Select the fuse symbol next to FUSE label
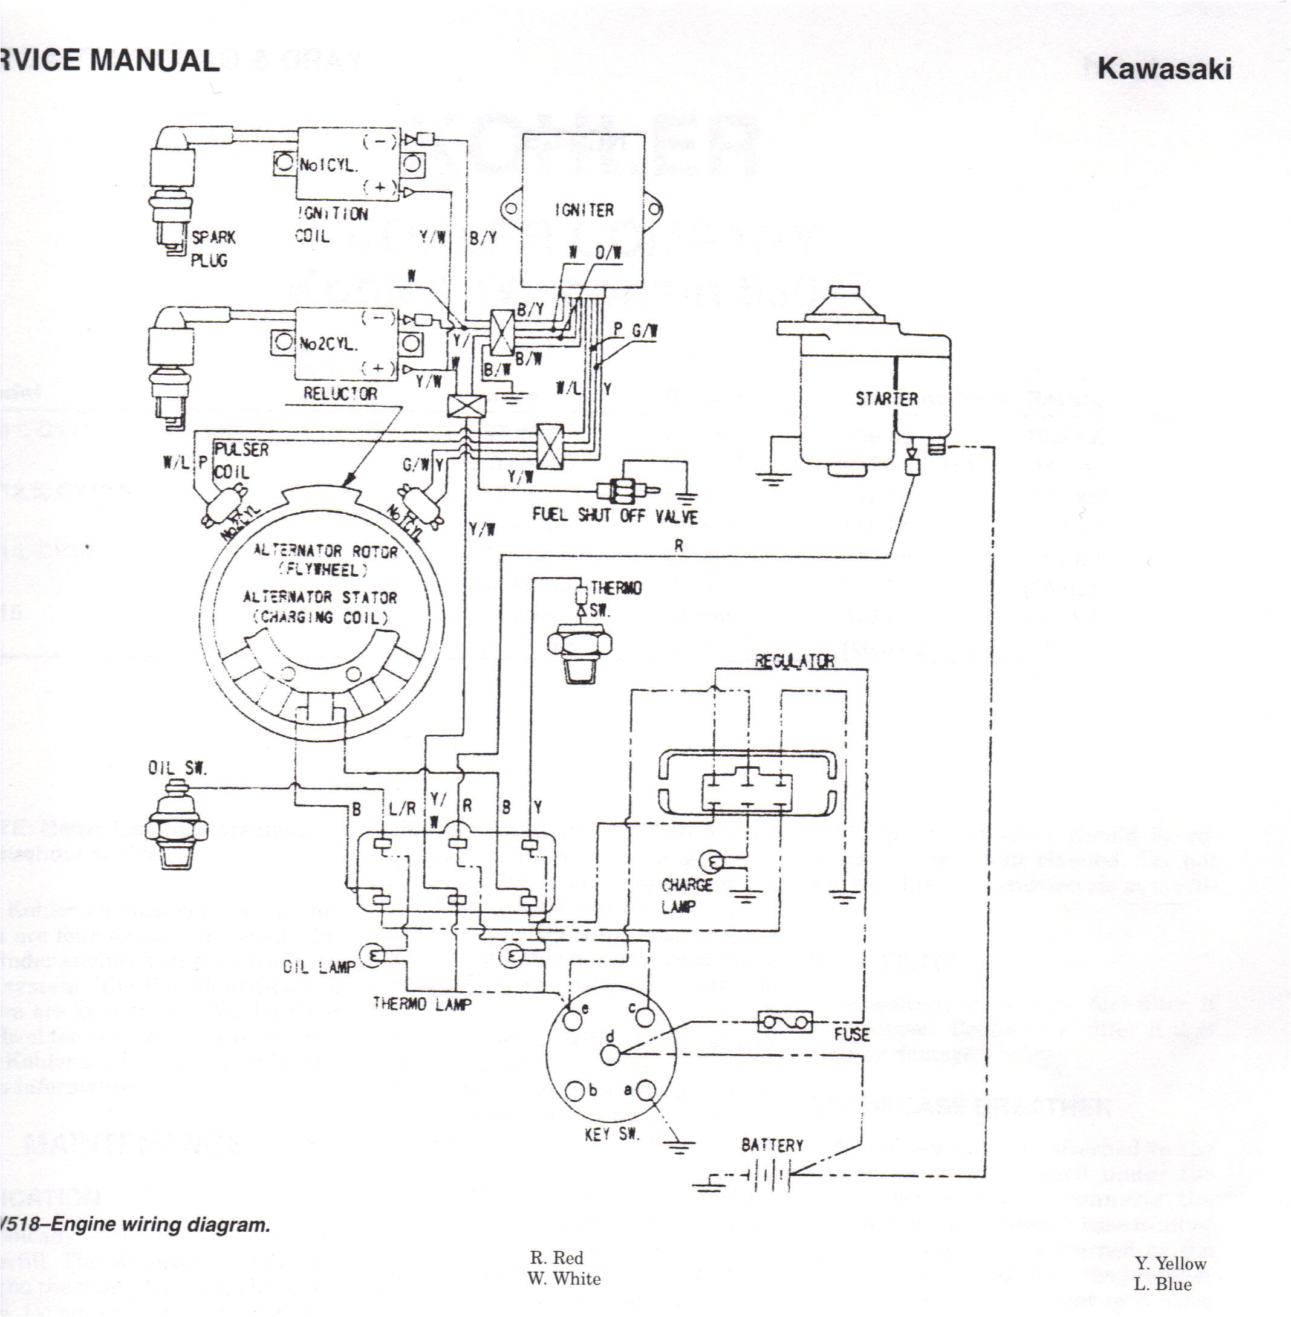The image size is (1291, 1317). (784, 1022)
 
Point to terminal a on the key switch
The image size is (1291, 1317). (646, 1090)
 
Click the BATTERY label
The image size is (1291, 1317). (772, 1145)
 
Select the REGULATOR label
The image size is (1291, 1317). (795, 661)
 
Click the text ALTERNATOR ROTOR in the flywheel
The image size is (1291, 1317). (325, 551)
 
